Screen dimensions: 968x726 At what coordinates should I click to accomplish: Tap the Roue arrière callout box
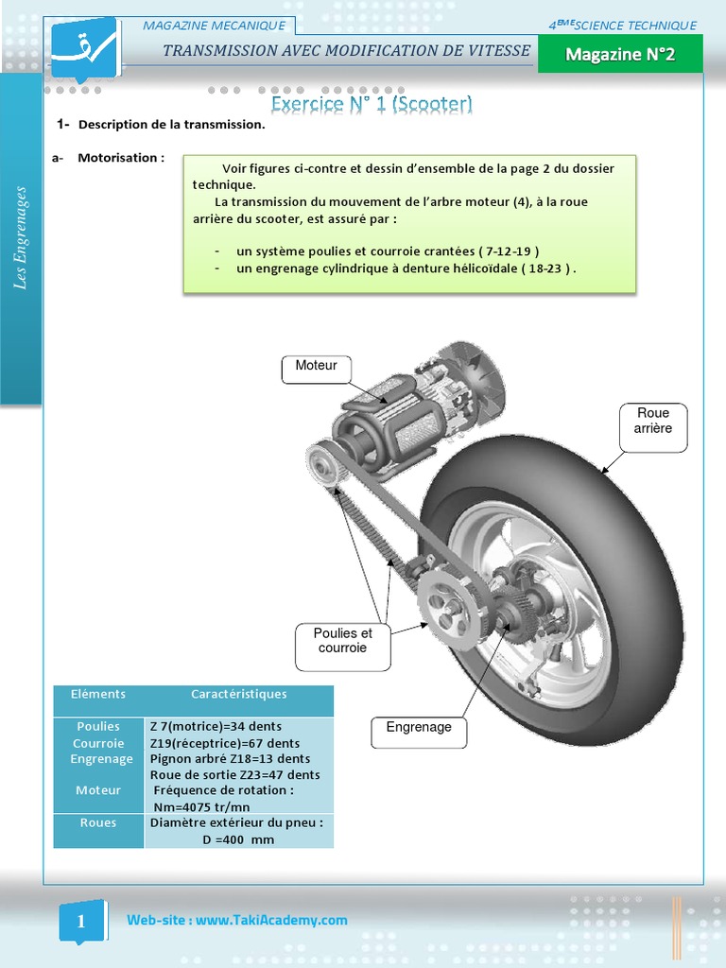653,422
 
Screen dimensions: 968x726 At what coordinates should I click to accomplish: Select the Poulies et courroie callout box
343,642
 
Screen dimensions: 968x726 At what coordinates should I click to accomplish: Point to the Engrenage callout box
419,728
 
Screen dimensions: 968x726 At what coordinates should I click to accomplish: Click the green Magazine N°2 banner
620,56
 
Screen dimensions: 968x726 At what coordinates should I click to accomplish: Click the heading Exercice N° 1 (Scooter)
372,103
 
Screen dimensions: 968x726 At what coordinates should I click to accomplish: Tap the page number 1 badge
81,922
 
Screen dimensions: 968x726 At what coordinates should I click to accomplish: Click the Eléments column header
98,694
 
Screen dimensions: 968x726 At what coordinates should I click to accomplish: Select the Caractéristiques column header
238,694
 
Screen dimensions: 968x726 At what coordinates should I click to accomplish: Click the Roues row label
98,822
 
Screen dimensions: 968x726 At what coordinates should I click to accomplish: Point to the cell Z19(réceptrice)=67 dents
225,743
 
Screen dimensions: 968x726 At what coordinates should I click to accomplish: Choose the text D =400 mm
237,839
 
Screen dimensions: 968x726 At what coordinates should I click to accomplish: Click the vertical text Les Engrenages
21,238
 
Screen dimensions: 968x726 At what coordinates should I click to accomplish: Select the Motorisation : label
120,158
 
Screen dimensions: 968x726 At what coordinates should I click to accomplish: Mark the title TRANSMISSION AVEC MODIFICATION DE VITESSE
346,51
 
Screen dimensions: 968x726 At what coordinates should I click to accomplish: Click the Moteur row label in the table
98,790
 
